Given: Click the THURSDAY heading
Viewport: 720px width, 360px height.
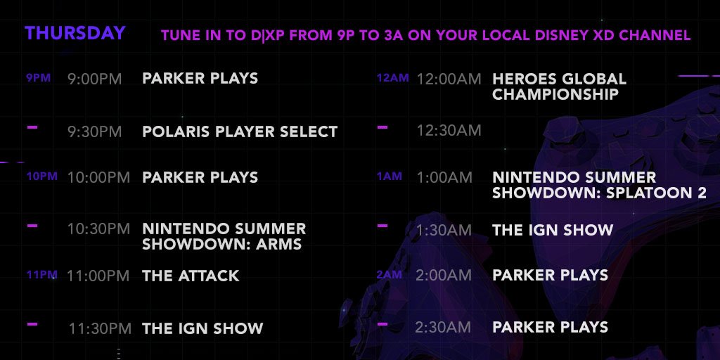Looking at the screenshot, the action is coord(75,33).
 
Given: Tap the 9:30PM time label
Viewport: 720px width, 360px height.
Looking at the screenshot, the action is coord(95,131).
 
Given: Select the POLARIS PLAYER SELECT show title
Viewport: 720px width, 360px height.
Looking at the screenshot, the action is coord(240,131).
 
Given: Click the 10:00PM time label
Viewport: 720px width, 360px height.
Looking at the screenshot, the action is coord(98,177).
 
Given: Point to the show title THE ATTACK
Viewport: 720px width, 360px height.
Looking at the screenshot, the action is coord(191,276).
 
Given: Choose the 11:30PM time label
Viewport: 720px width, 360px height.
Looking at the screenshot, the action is coord(100,328).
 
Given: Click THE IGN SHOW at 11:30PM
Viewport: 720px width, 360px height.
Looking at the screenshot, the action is coord(202,328).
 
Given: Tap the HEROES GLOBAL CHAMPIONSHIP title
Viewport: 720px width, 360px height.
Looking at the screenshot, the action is coord(559,86).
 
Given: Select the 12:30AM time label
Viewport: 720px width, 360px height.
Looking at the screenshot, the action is coord(449,130).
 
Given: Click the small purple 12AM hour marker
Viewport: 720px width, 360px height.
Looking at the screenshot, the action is coord(392,78).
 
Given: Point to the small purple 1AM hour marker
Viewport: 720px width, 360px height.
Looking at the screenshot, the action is coord(390,176).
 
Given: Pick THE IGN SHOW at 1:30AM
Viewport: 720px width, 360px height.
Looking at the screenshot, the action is coord(553,230).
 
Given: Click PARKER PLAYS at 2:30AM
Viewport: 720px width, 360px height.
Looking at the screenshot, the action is coord(550,327).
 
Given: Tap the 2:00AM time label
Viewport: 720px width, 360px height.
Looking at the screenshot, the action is coord(444,275).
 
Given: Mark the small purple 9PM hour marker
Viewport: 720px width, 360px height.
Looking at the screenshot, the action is coord(38,78).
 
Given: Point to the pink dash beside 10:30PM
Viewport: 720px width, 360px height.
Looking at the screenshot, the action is coord(32,226).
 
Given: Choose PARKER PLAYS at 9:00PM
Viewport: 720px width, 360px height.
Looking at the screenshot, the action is coord(200,78).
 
